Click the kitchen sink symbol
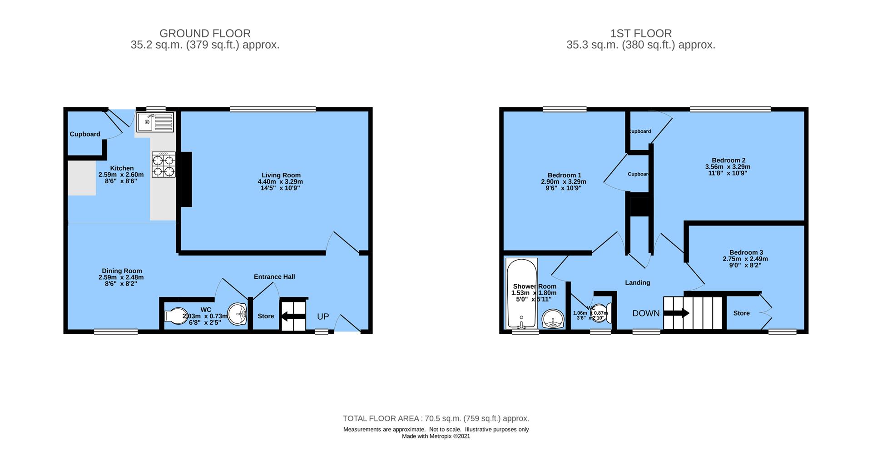[154, 122]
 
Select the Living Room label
[281, 175]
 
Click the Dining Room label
[122, 271]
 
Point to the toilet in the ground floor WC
[173, 315]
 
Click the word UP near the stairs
[323, 317]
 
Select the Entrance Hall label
[274, 276]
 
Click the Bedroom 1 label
[564, 175]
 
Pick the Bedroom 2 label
[728, 160]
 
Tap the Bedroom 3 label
[746, 252]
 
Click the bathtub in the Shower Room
[521, 294]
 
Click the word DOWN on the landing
[646, 313]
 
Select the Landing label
[637, 282]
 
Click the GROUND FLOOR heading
[205, 33]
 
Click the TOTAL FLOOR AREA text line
[436, 418]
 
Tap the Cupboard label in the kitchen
[85, 134]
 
